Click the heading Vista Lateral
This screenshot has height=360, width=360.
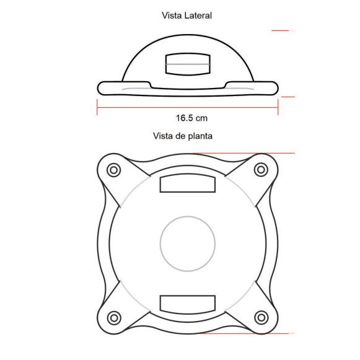coord(187,15)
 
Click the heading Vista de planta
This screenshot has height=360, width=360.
coord(183,136)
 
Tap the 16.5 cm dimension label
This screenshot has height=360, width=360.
coord(191,118)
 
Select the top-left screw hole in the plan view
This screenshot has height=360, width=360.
coord(113,170)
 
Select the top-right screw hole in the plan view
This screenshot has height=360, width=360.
coord(261,170)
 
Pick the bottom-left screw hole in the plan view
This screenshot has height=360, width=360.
coord(114,318)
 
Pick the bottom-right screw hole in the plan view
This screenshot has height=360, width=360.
coord(261,318)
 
